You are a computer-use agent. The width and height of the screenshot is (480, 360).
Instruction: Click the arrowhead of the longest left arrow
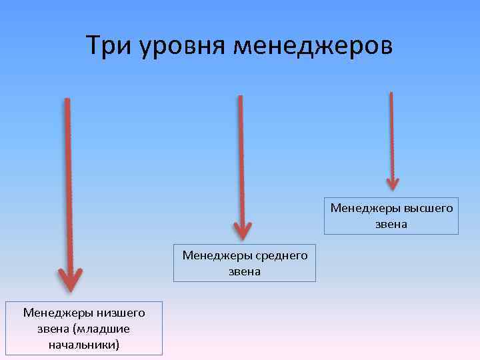point(69,279)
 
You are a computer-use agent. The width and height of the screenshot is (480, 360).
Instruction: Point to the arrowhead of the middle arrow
point(243,229)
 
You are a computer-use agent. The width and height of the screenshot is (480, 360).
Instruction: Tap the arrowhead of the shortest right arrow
point(393,181)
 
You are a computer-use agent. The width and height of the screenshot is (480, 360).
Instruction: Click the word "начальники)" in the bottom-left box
point(84,345)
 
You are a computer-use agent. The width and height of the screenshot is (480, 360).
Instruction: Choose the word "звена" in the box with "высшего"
point(391,224)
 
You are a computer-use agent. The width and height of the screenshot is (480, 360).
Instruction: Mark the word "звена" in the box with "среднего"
point(245,271)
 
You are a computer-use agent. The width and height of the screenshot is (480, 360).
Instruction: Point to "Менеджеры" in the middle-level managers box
point(215,255)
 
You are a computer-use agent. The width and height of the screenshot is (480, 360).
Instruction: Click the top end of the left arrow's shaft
point(67,100)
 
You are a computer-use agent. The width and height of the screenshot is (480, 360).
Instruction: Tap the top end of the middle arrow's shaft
point(240,97)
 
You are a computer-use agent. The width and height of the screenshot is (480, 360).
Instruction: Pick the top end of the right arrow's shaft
point(391,94)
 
